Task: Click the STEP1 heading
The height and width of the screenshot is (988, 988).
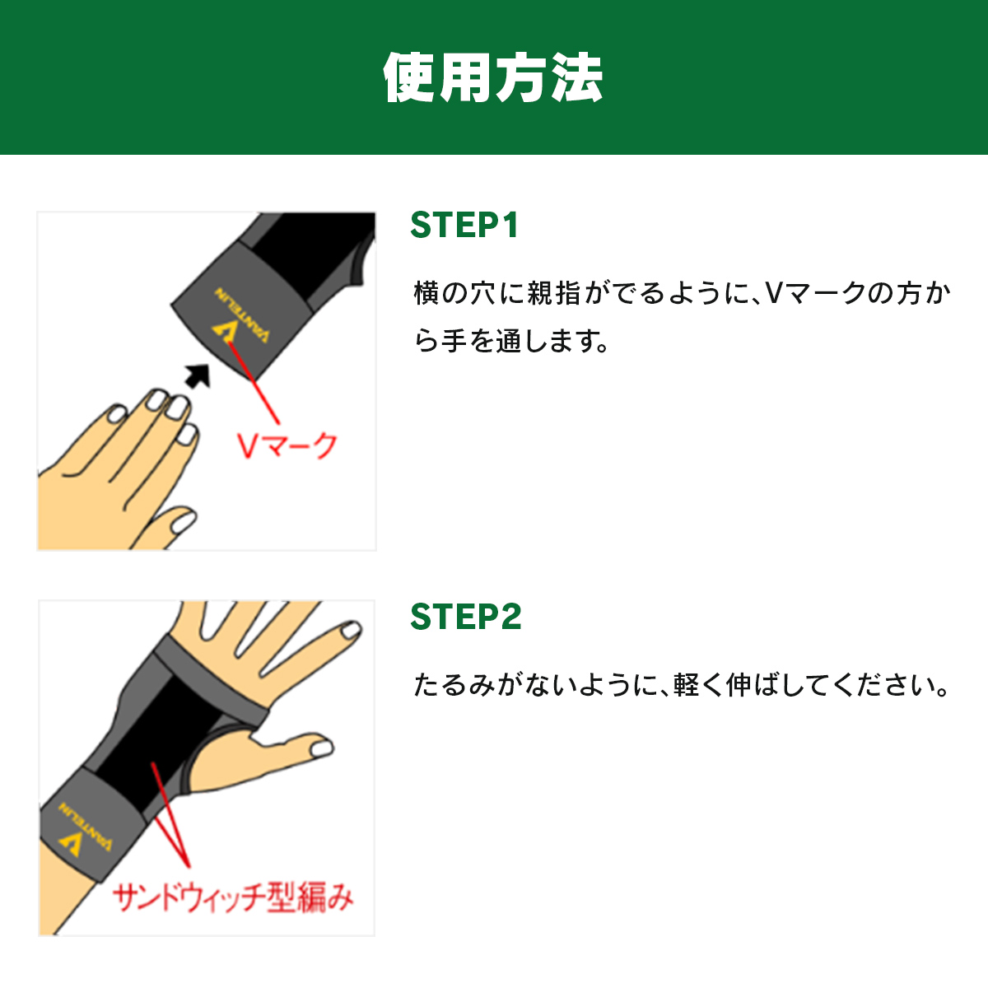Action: point(464,225)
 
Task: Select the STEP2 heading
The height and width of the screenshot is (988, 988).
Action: point(465,616)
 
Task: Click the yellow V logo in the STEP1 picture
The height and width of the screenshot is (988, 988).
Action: point(224,333)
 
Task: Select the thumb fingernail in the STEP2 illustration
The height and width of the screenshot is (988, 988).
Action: point(321,748)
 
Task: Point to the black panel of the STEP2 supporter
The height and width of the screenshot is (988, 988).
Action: point(154,739)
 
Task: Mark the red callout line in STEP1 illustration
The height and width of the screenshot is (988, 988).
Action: point(254,383)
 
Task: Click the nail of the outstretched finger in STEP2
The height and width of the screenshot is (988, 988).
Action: point(352,630)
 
